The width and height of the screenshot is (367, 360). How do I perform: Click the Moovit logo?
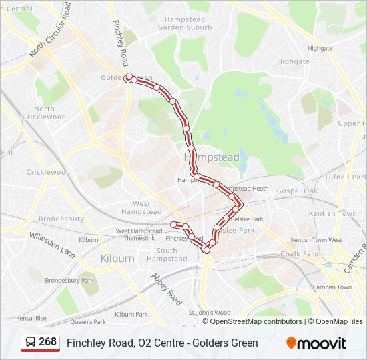click(x=316, y=343)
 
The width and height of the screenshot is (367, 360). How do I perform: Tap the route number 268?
click(x=47, y=342)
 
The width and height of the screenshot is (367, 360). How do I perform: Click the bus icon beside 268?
click(x=30, y=343)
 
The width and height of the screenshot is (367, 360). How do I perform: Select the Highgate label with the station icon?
click(x=293, y=61)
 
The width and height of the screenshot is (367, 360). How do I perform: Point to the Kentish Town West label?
click(x=316, y=240)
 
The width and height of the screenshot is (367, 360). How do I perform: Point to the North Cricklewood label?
click(x=45, y=113)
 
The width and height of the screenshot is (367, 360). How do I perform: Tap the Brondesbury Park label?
click(x=69, y=281)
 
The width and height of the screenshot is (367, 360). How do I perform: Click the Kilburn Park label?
click(x=131, y=314)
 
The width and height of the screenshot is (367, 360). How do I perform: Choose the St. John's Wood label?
click(x=210, y=312)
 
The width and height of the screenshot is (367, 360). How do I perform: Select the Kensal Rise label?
click(x=31, y=318)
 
